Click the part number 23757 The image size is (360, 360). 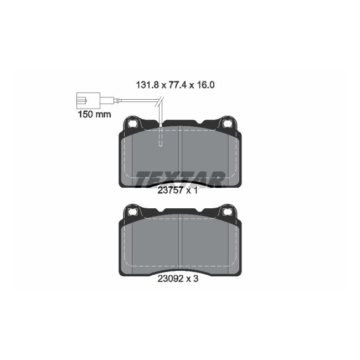[x=169, y=191]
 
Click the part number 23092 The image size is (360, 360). [x=169, y=279]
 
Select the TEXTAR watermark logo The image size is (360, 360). [x=180, y=178]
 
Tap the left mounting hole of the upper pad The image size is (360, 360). [x=133, y=124]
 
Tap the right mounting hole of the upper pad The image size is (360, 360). [x=227, y=124]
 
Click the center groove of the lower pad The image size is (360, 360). [x=182, y=244]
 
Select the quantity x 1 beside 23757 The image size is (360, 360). [x=191, y=191]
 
